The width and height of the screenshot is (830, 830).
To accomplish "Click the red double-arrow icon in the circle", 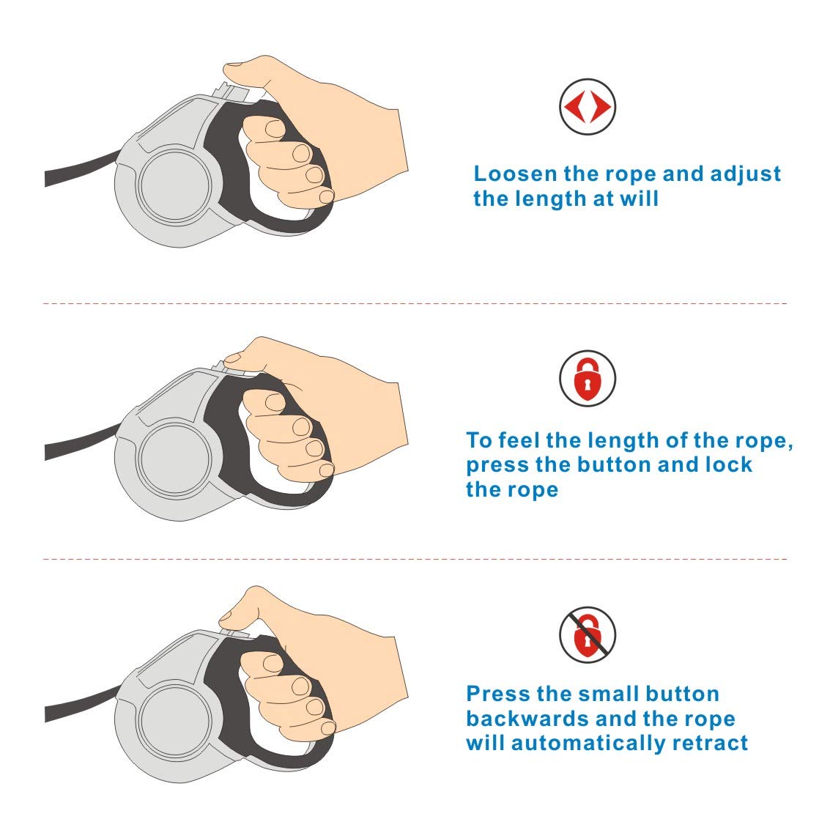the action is click(x=587, y=106).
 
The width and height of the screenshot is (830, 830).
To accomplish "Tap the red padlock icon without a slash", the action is click(x=587, y=378).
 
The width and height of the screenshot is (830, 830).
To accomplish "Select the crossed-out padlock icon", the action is click(x=587, y=634).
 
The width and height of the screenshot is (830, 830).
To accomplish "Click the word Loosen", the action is click(x=515, y=174).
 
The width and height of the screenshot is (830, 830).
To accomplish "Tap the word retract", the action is click(x=710, y=743).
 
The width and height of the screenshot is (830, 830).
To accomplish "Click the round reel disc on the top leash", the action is click(x=174, y=185).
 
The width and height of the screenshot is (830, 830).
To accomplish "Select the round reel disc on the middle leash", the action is click(x=174, y=459).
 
